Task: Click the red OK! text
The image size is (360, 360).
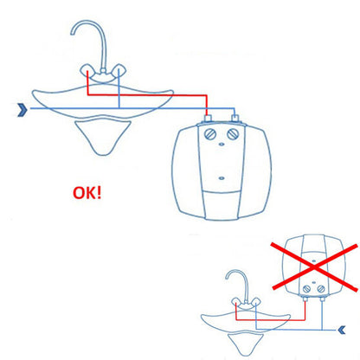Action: [87, 193]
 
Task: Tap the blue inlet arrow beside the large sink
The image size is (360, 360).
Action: [22, 110]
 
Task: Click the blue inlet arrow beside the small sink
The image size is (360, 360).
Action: [342, 330]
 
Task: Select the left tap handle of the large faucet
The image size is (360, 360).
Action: [87, 70]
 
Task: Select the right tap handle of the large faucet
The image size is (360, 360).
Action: [119, 70]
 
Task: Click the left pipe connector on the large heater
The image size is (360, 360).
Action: [208, 118]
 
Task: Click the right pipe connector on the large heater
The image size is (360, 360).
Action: [235, 118]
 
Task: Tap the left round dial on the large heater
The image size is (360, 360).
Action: [210, 134]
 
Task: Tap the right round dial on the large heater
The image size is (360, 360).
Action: [233, 134]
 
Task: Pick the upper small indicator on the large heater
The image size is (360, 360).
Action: [222, 144]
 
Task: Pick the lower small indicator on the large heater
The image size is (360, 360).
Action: [222, 178]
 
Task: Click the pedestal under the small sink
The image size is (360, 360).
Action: [244, 344]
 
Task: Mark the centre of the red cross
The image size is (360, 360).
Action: [315, 267]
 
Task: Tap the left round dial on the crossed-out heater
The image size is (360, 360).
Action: [307, 289]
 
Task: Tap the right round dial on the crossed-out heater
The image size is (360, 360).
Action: [321, 289]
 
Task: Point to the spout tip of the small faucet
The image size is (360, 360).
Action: [227, 278]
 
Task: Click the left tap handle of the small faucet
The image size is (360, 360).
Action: [236, 302]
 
